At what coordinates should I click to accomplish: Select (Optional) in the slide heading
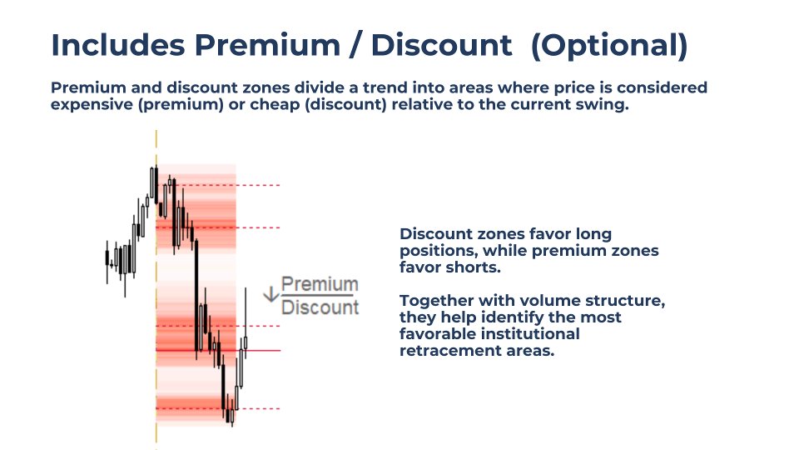click(609, 45)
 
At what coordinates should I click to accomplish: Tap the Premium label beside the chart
click(320, 284)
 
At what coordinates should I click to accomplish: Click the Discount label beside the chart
click(320, 307)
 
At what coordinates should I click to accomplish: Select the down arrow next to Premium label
click(270, 293)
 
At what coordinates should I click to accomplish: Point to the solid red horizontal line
click(262, 351)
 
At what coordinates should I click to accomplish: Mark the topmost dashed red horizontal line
click(258, 185)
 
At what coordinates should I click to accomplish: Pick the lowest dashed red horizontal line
click(258, 408)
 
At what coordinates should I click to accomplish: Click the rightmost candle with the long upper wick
click(246, 333)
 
